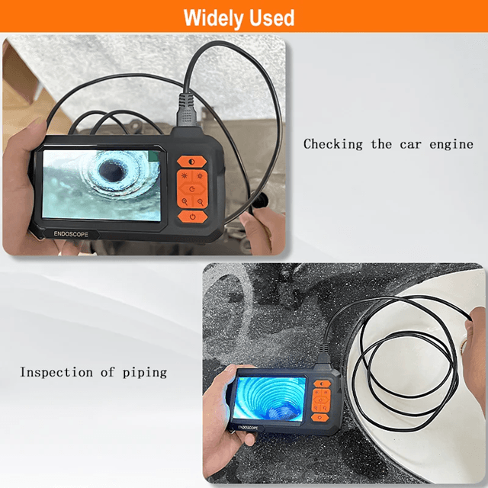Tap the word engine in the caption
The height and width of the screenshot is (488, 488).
[x=451, y=145]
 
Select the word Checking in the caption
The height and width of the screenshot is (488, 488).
[x=333, y=144]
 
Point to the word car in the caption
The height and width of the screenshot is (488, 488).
[x=410, y=145]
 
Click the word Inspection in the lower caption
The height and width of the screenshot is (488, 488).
[x=56, y=372]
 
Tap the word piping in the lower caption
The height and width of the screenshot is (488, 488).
[x=145, y=373]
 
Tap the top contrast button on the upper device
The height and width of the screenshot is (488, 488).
[x=191, y=162]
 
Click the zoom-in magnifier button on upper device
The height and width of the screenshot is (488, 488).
[x=185, y=201]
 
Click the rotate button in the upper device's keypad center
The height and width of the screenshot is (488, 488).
[x=192, y=189]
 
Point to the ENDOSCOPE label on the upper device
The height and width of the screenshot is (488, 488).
[x=71, y=234]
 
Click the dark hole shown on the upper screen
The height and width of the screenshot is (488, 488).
[x=111, y=171]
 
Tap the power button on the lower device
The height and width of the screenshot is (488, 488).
[x=320, y=418]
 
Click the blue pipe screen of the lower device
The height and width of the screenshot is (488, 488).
[x=269, y=398]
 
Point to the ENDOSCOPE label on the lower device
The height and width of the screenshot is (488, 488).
[x=248, y=428]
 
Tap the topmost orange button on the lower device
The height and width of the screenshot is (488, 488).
[x=322, y=384]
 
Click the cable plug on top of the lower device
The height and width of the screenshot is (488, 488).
[x=323, y=354]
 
